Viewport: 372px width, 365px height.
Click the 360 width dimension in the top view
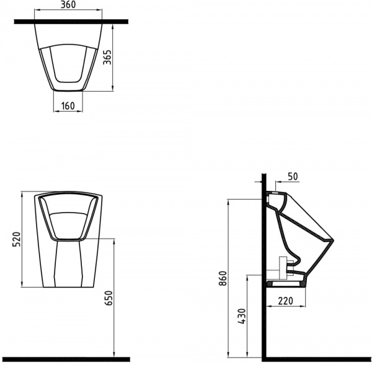pos(68,5)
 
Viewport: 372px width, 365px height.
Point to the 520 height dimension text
pos(17,239)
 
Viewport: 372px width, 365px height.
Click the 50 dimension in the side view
pos(293,177)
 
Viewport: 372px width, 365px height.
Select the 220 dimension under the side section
pos(286,302)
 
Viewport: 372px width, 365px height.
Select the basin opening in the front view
pos(68,217)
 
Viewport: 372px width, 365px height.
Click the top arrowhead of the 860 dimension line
pos(229,201)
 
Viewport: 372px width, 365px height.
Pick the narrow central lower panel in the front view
pos(68,263)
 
